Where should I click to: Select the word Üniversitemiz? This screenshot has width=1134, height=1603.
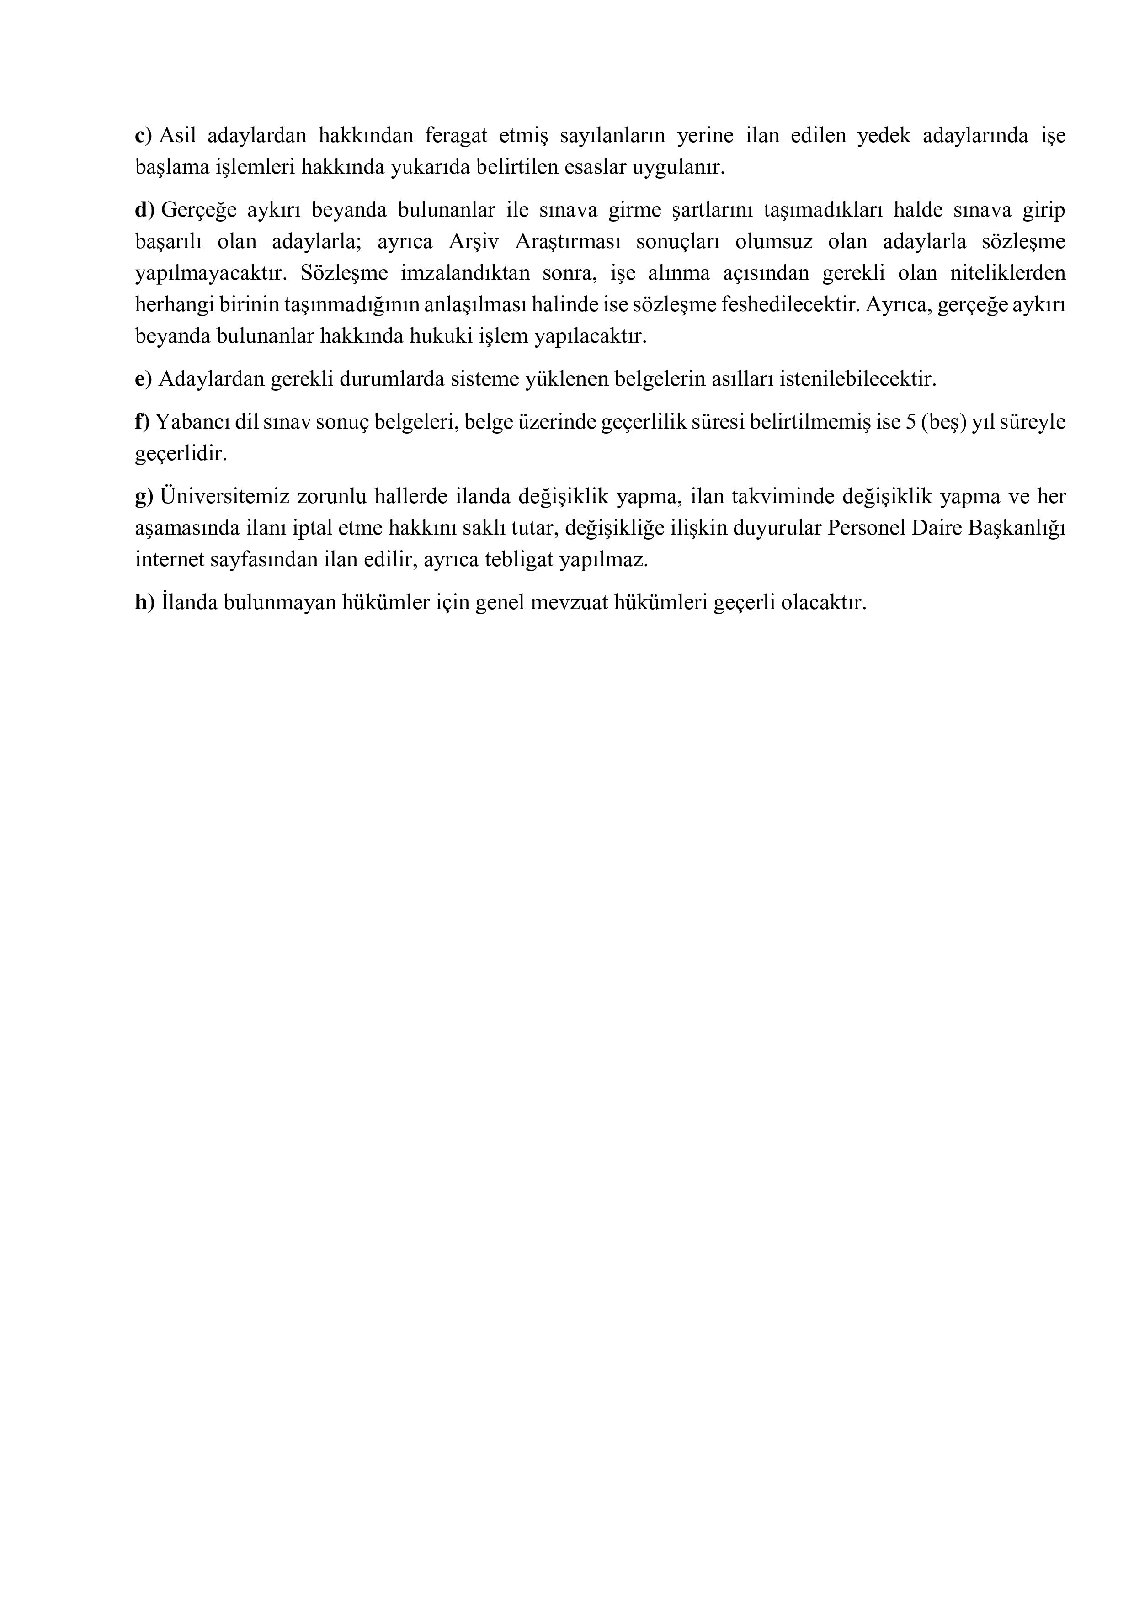point(222,497)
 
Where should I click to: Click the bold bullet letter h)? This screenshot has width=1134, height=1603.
point(144,603)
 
